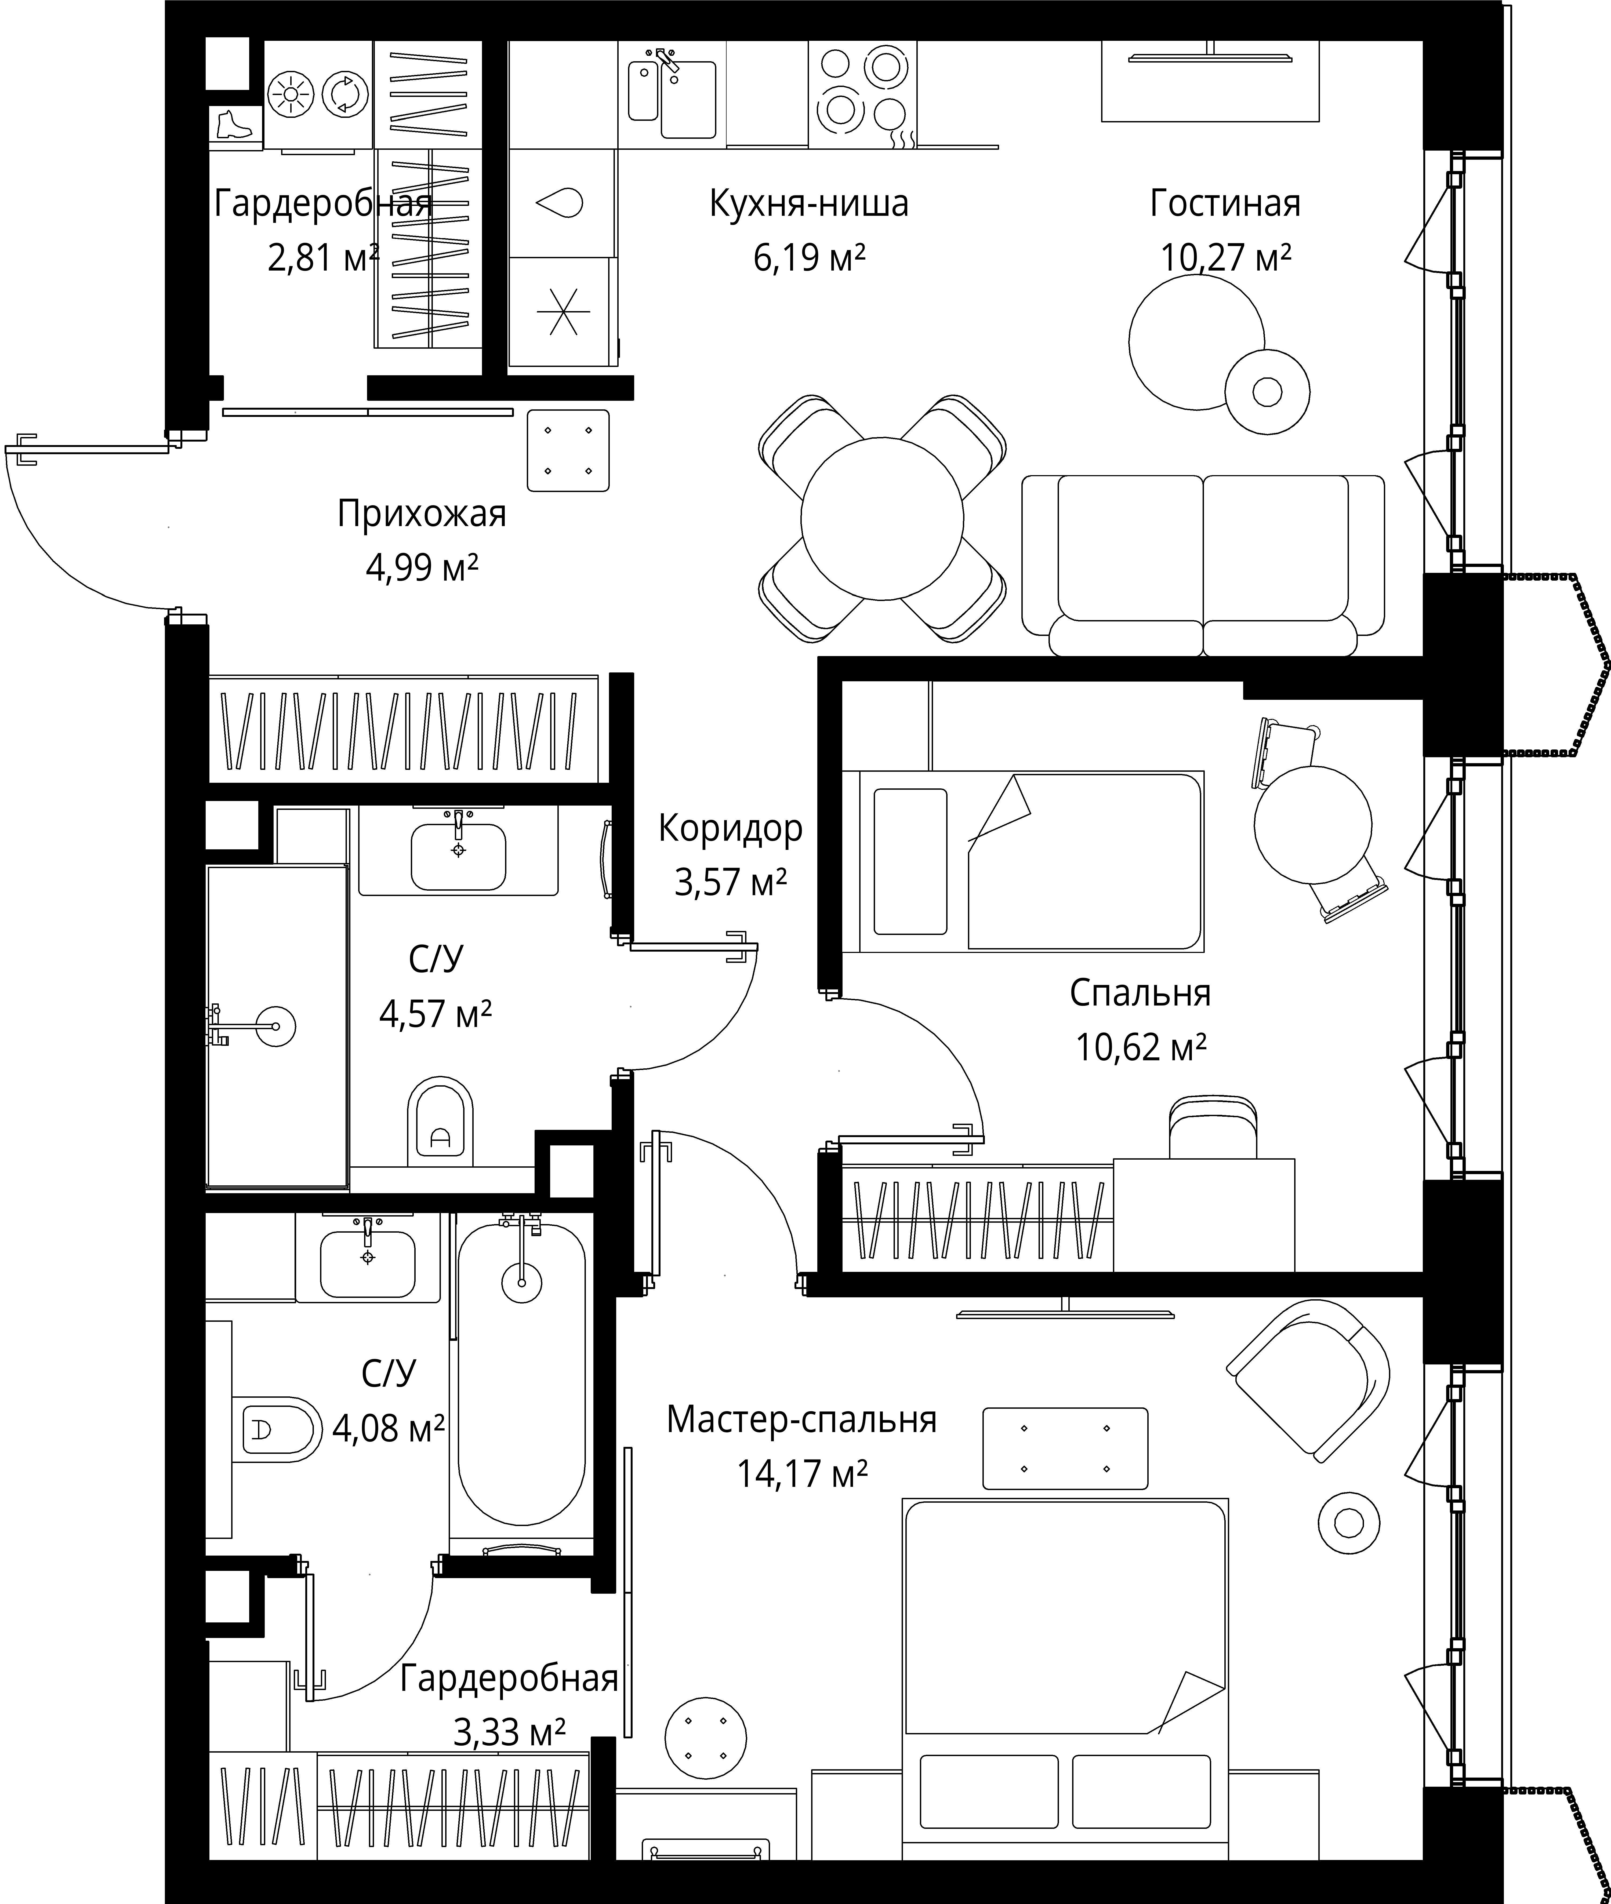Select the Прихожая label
coord(421,514)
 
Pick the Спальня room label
coord(1140,993)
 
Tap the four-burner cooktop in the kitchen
coord(862,94)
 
